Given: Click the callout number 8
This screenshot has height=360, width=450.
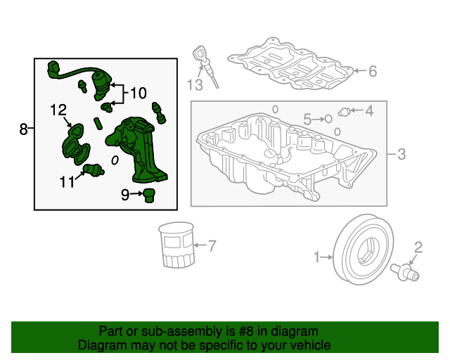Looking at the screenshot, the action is pyautogui.click(x=23, y=129).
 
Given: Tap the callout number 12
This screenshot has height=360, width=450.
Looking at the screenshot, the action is pyautogui.click(x=58, y=110).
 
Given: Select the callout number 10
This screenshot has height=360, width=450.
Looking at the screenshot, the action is pyautogui.click(x=139, y=93).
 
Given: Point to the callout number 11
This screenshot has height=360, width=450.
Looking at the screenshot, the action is pyautogui.click(x=67, y=181).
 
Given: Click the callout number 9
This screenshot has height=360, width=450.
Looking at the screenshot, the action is pyautogui.click(x=125, y=195).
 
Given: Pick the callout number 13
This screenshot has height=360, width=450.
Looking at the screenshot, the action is pyautogui.click(x=195, y=85).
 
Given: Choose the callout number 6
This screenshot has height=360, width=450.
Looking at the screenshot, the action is pyautogui.click(x=373, y=71).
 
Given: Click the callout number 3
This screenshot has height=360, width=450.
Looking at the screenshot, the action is pyautogui.click(x=401, y=154).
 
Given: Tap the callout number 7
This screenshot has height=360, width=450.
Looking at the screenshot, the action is pyautogui.click(x=212, y=246).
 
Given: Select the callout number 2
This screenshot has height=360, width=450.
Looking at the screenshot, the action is pyautogui.click(x=418, y=247).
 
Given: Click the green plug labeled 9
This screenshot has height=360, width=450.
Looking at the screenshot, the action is pyautogui.click(x=149, y=195).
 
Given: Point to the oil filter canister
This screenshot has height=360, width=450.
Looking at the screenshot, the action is pyautogui.click(x=176, y=245).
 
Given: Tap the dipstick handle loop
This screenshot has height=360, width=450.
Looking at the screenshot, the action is pyautogui.click(x=199, y=53).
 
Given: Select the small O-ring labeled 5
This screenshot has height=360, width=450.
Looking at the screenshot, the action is pyautogui.click(x=328, y=119).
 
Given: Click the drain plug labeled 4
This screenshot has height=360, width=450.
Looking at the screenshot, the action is pyautogui.click(x=344, y=112).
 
